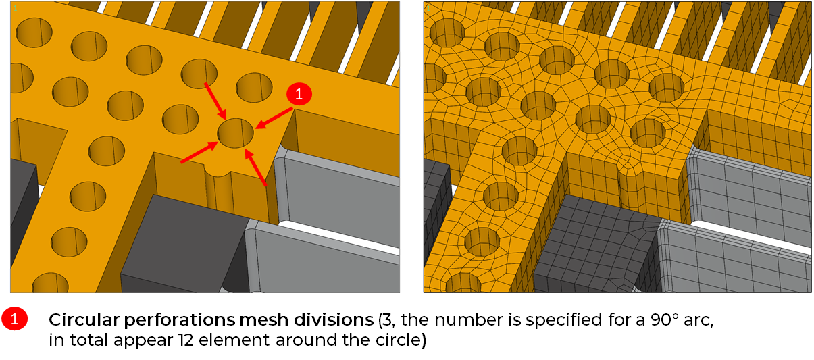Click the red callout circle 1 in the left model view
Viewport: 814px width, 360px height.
point(299,94)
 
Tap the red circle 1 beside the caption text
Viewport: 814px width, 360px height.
point(15,319)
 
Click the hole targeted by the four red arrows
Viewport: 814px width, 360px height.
point(235,133)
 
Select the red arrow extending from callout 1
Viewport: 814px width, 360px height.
point(274,118)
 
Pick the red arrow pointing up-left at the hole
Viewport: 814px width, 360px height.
point(255,168)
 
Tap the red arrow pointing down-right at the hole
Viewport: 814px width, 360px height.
point(215,101)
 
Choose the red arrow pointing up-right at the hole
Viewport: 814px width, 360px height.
point(199,152)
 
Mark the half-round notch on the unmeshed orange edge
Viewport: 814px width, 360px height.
point(218,172)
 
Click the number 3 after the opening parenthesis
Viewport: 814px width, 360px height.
point(387,319)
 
